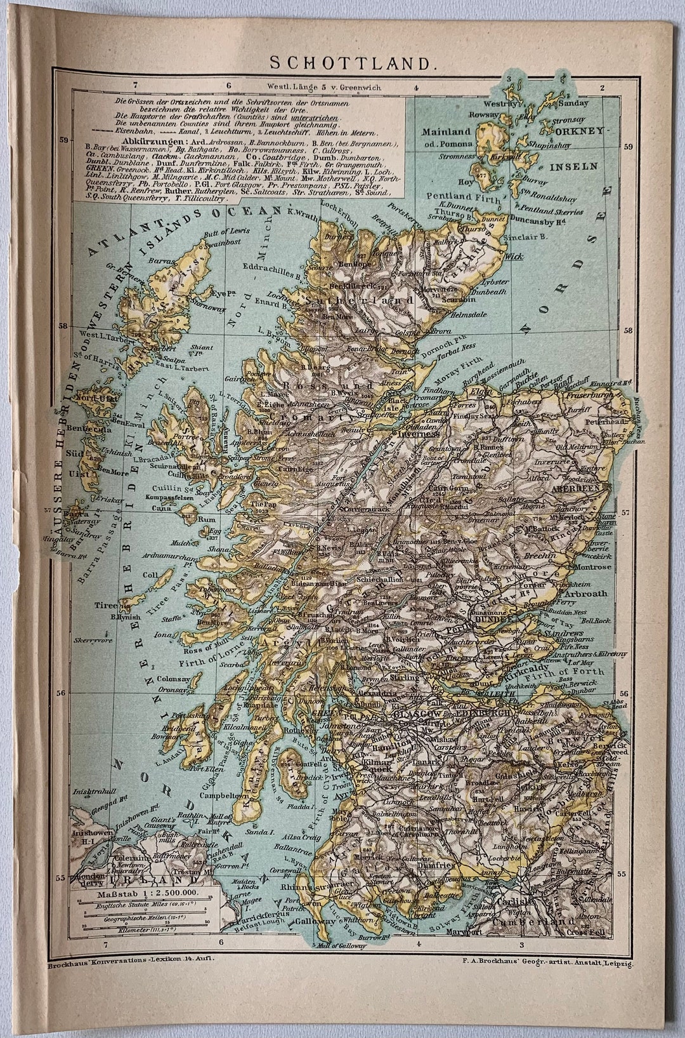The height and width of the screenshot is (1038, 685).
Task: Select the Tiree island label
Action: (x=107, y=605)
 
